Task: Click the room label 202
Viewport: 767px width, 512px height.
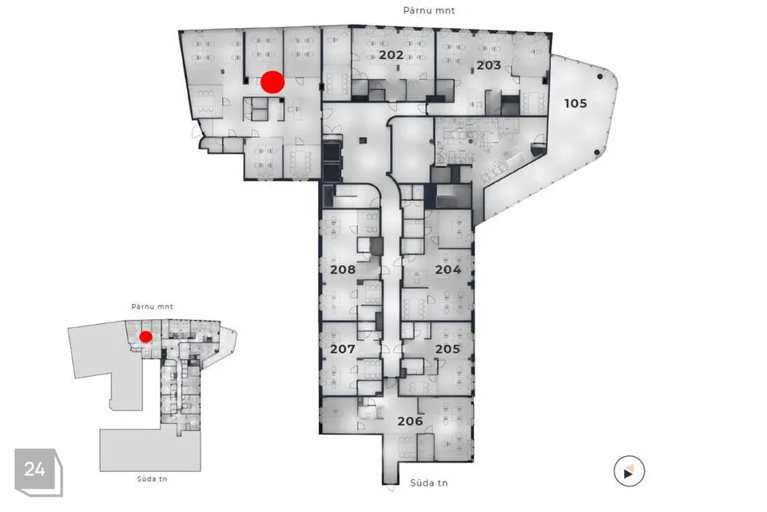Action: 391,55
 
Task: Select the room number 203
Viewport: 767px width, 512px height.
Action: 489,65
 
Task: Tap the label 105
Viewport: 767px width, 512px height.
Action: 575,103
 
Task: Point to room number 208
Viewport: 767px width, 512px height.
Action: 342,270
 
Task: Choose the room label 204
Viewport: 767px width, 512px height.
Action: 448,270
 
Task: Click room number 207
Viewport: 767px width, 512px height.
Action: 342,350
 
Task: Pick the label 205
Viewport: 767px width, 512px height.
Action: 447,350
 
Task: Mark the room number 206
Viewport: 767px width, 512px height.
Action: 409,421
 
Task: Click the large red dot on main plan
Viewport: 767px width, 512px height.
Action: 272,82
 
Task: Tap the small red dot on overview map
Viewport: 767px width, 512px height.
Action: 145,337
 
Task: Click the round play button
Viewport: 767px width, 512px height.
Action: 629,472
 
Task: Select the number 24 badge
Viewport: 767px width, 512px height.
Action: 34,470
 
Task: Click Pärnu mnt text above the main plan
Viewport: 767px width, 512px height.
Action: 428,10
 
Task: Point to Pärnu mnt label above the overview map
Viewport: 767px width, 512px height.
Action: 152,306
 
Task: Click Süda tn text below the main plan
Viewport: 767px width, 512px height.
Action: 428,483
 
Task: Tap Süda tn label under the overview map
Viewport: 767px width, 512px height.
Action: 152,478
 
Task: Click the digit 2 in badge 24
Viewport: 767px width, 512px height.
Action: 30,470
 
